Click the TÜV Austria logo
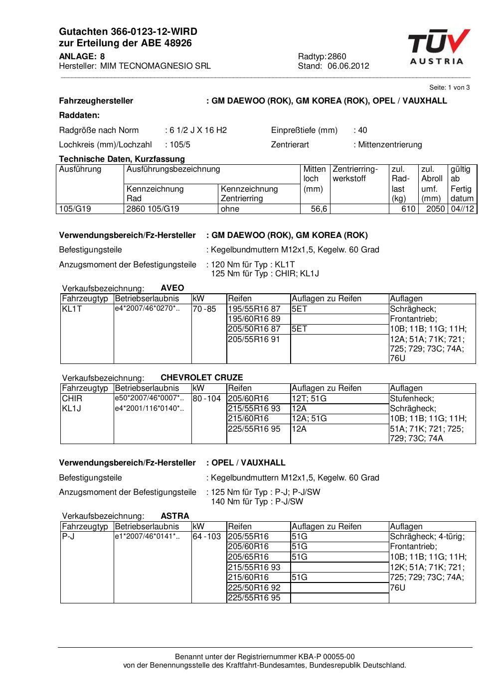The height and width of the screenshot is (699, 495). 439,47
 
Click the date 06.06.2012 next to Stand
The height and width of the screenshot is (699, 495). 348,66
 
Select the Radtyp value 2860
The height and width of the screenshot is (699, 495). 337,56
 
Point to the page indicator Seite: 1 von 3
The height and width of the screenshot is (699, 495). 449,87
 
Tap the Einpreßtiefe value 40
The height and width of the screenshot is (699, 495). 362,130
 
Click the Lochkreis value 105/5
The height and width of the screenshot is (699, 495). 179,144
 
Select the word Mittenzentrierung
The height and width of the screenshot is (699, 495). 390,144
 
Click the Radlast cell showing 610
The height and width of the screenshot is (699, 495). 408,209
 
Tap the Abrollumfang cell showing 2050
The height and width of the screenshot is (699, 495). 435,209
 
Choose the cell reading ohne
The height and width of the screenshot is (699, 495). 230,209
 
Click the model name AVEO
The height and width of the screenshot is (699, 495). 172,288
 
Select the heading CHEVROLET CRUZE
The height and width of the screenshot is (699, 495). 201,377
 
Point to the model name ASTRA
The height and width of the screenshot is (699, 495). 175,516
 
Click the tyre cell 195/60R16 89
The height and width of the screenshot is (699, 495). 254,319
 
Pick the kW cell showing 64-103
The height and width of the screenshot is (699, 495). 207,537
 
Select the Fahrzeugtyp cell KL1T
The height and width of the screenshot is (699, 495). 72,309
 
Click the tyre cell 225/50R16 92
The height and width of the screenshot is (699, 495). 254,587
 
